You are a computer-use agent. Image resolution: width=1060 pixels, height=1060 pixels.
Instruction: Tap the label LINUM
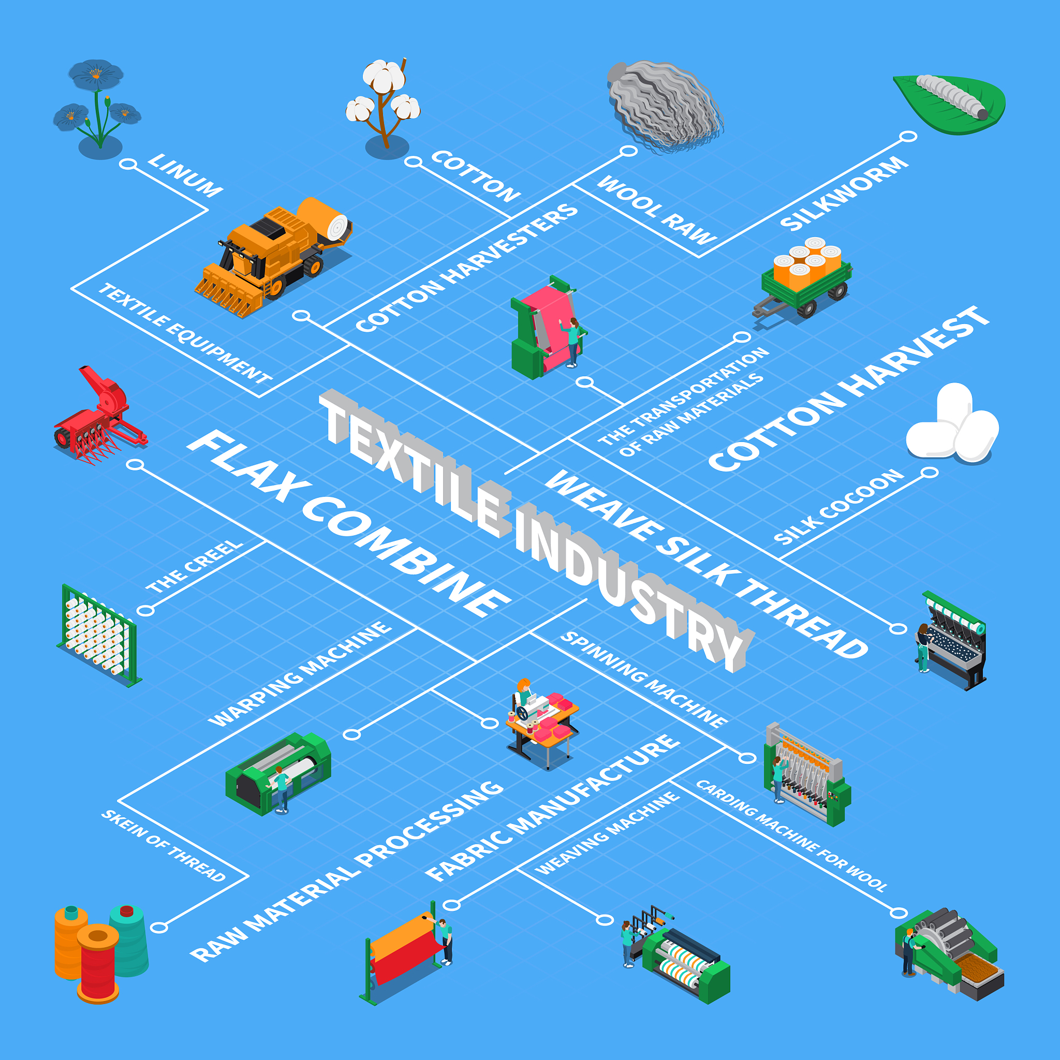coord(185,175)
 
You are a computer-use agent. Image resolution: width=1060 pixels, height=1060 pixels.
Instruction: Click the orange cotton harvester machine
coord(273,256)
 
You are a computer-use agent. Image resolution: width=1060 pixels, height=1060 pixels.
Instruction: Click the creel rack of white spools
coord(99,636)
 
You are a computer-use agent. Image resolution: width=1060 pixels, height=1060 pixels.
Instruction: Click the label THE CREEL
coord(194,566)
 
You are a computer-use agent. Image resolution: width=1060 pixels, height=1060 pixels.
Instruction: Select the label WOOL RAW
coord(657,210)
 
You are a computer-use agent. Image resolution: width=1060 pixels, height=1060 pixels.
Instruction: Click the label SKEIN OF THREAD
coord(164,846)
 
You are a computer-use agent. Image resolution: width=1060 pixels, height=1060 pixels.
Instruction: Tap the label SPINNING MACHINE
coord(644,680)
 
